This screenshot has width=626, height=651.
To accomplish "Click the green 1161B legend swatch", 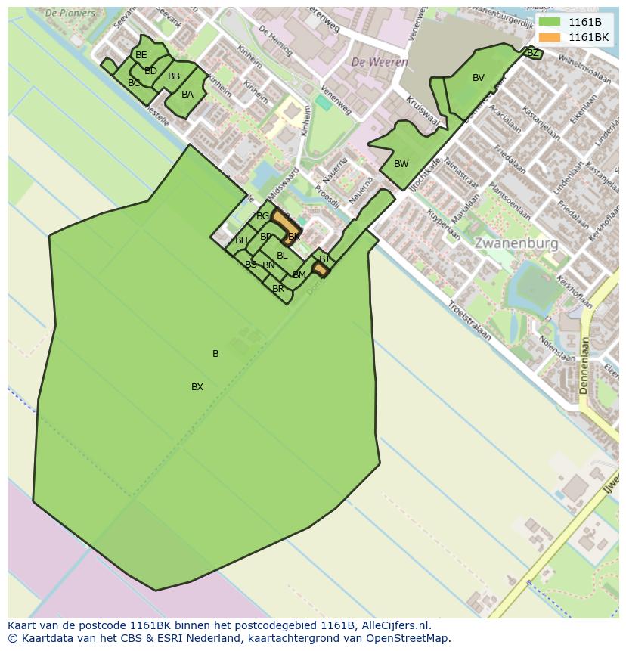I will coord(549,21).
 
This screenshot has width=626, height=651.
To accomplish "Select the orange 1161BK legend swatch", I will coord(549,37).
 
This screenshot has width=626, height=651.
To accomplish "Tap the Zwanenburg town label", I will coord(516,243).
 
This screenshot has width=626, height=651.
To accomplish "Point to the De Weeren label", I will coord(380,62).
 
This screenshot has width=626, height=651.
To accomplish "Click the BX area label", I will coord(197,387).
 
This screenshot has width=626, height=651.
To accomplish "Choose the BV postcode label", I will coord(479,78).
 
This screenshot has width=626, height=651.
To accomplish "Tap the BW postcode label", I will coord(401,164).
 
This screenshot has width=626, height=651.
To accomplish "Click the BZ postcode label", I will coord(532,53).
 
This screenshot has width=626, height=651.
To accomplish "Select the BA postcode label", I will coord(187,95).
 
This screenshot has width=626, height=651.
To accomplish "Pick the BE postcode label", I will coord(141,55).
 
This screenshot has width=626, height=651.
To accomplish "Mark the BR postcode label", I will coord(278,289).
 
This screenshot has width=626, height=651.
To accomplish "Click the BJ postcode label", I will coord(324,259).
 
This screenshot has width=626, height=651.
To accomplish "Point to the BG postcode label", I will coord(263,216).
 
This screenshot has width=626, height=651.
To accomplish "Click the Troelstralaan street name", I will coord(469,321).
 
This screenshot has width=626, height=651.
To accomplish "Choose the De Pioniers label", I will coord(70,13).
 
